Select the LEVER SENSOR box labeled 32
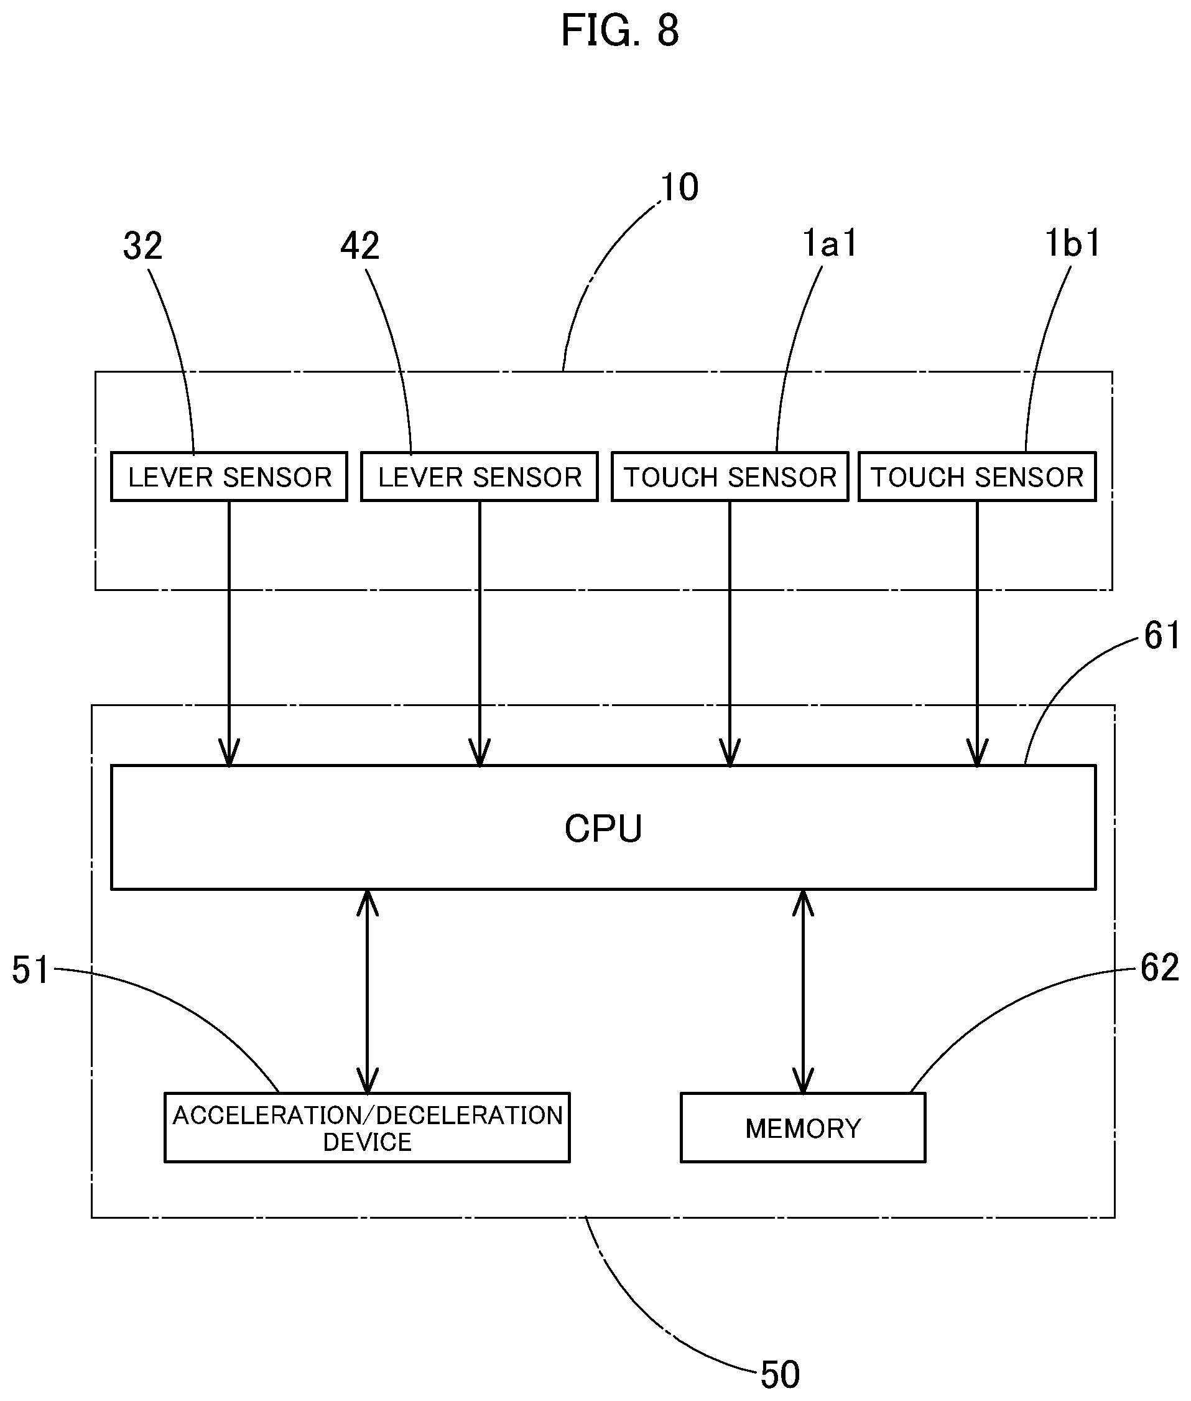229,477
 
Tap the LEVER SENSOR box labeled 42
480,477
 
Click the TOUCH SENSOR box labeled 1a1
730,477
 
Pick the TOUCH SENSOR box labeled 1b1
977,477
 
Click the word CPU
603,829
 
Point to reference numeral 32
142,246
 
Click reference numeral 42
360,246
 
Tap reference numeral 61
1162,635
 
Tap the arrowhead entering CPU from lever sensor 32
229,752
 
